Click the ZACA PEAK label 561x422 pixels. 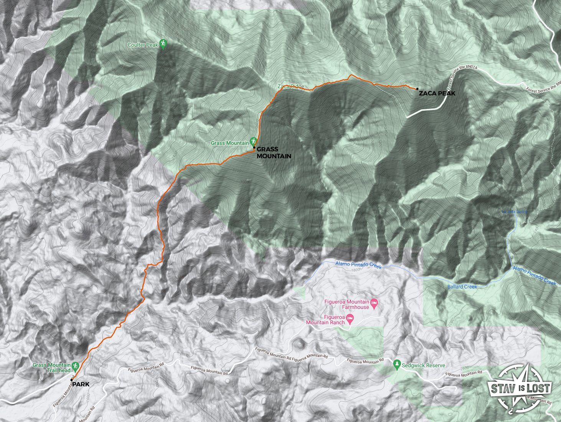point(437,94)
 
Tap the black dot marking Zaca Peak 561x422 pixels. point(417,89)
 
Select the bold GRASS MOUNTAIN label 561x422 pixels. point(273,153)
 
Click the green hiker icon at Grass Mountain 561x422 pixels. point(253,141)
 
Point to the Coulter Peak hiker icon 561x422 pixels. point(163,44)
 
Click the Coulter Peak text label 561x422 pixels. point(143,45)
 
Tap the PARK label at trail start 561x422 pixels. point(81,384)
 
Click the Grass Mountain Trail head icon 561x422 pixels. point(75,366)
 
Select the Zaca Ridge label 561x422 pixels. point(291,87)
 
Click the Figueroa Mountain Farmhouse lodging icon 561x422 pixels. point(375,303)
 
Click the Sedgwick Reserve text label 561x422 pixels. point(423,366)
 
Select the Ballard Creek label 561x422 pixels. point(462,287)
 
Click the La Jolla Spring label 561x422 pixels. point(515,212)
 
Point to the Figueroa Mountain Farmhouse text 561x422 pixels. point(347,304)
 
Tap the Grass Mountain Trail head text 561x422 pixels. point(52,368)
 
